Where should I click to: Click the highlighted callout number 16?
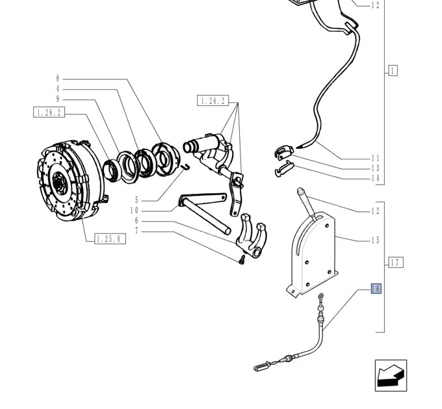click(376, 289)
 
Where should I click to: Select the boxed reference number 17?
click(396, 262)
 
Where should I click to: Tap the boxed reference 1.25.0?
click(110, 239)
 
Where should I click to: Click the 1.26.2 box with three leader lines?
click(213, 101)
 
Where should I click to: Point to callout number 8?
click(58, 79)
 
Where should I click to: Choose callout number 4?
click(58, 89)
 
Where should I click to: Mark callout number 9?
click(58, 99)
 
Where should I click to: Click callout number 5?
click(136, 200)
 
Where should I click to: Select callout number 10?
click(135, 211)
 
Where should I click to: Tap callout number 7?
click(136, 231)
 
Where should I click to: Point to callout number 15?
click(375, 241)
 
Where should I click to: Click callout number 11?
click(375, 158)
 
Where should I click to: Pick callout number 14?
click(375, 178)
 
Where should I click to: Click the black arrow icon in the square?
click(391, 375)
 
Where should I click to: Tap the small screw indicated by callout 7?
click(242, 259)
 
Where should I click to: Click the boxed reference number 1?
click(393, 70)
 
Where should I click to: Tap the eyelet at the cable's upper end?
click(321, 297)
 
